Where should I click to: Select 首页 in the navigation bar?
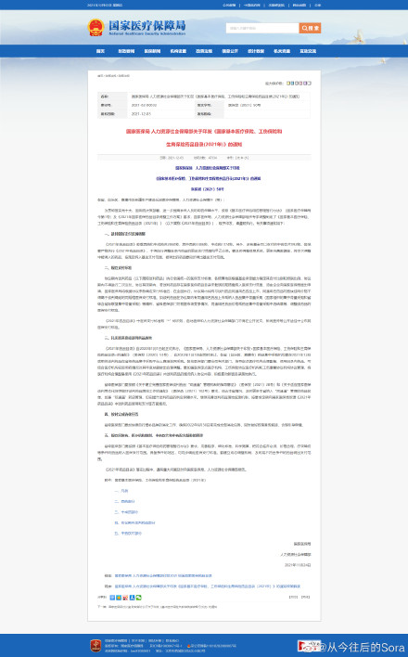click(x=101, y=51)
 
